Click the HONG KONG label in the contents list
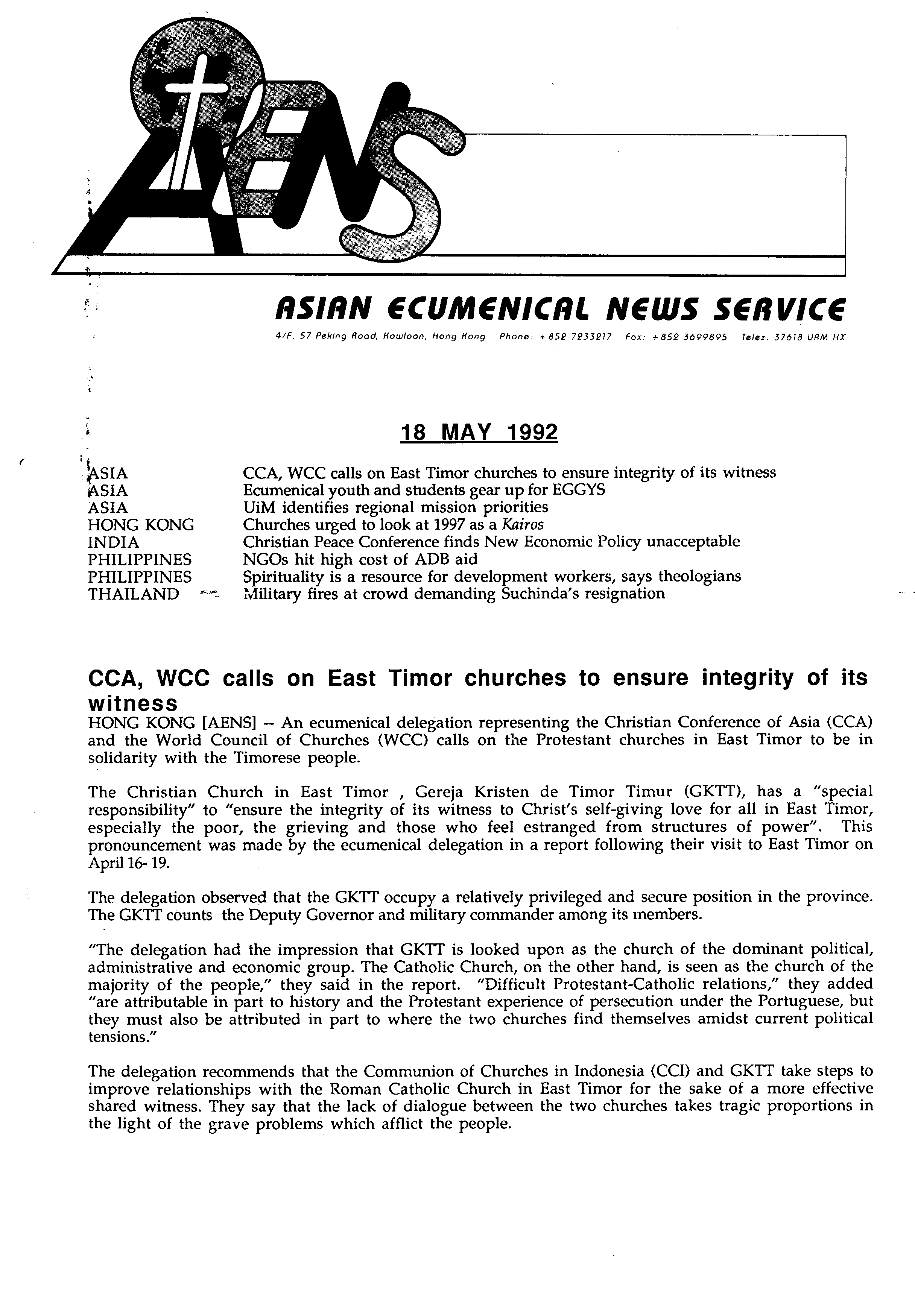click(141, 524)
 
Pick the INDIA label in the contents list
click(114, 542)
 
